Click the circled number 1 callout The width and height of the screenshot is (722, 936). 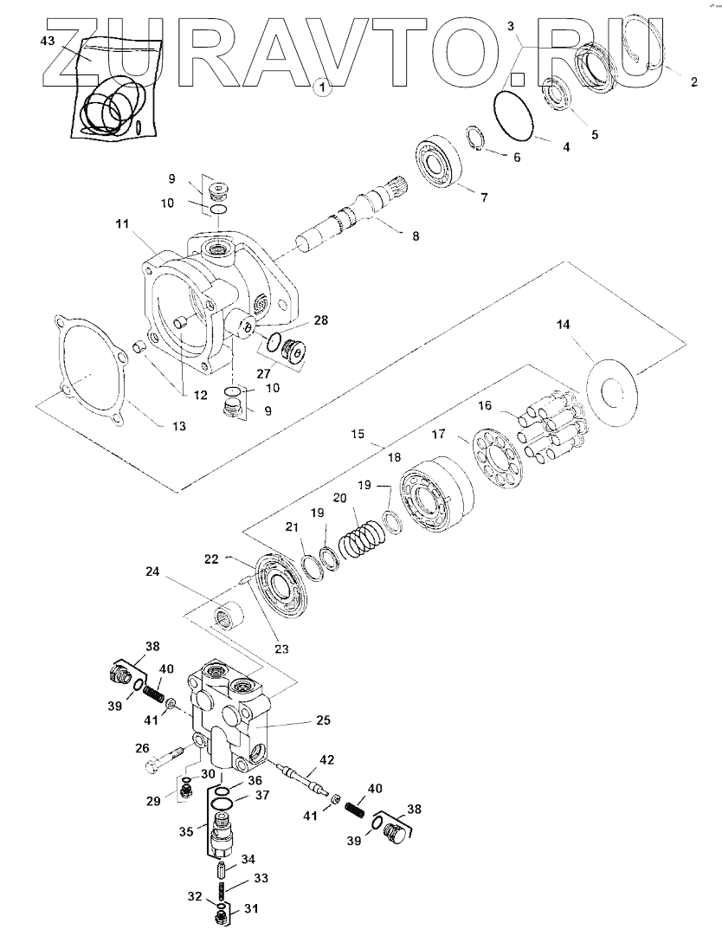322,87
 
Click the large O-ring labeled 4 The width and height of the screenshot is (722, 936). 517,114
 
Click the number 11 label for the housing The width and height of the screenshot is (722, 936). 121,223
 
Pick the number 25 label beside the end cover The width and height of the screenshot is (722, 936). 298,720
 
